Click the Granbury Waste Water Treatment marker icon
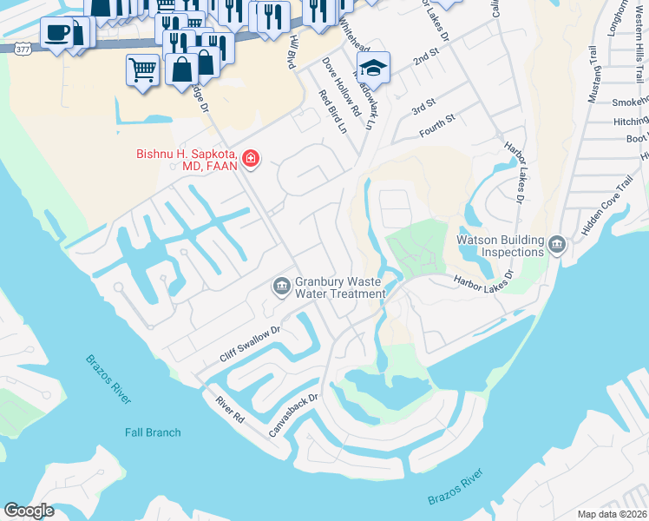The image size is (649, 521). (x=281, y=286)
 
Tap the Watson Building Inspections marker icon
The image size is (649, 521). (x=556, y=246)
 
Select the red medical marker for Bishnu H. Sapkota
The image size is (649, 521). (x=251, y=158)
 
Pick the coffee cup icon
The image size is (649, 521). (x=57, y=33)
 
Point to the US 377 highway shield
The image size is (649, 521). (x=21, y=47)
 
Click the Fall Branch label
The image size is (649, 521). (x=153, y=432)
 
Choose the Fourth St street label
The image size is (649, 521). (x=437, y=125)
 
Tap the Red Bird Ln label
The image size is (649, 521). (x=332, y=112)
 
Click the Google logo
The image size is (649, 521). (x=29, y=511)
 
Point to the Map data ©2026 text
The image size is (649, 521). (x=611, y=514)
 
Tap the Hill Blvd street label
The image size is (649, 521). (x=291, y=50)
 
